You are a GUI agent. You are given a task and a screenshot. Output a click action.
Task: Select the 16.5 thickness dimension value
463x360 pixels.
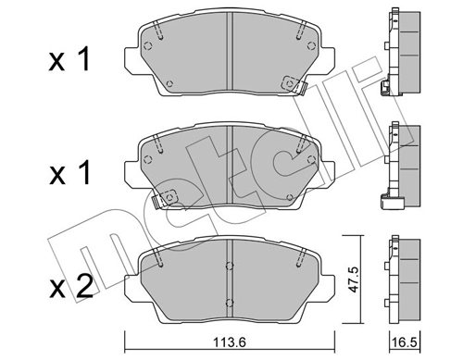402,340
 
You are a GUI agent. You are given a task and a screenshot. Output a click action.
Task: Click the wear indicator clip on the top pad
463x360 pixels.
300,89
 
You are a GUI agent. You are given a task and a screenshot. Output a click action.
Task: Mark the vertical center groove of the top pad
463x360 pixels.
229,61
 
